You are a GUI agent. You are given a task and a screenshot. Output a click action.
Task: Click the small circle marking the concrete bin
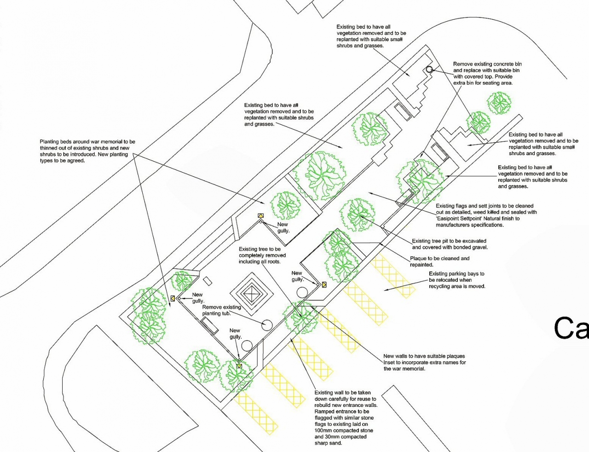click(429, 70)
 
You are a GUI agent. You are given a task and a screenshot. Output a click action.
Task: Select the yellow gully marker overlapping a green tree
click(239, 366)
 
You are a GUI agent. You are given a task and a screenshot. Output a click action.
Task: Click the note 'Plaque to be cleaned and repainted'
click(439, 261)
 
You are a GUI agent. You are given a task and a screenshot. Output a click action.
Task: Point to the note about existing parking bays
click(456, 280)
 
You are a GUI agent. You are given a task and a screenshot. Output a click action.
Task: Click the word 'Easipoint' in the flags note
click(449, 219)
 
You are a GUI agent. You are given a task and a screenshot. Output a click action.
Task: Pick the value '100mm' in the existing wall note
click(323, 431)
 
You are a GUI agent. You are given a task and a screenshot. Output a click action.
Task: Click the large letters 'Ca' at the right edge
click(571, 328)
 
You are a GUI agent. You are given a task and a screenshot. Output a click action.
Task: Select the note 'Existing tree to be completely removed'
click(262, 255)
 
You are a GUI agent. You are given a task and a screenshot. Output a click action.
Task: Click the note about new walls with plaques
click(424, 362)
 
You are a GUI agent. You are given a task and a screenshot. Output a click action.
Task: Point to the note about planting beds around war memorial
click(87, 151)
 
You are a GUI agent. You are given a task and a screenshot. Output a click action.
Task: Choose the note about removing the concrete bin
click(487, 74)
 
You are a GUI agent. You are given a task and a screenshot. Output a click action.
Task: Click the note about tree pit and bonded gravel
click(449, 244)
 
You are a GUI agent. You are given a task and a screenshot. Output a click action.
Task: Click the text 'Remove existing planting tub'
click(221, 310)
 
